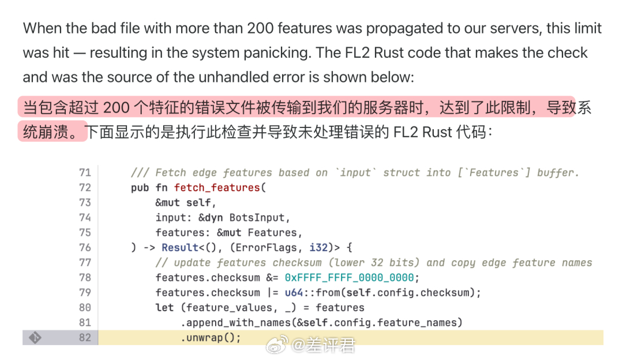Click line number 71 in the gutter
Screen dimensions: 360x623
(x=85, y=172)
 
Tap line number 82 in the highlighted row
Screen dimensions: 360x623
(x=85, y=337)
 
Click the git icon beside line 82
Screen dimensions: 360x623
(x=35, y=337)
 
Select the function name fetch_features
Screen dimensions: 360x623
(x=217, y=187)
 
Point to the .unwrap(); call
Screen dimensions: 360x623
(x=211, y=337)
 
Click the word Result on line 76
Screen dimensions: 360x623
(x=180, y=247)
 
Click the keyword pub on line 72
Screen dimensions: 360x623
(x=140, y=187)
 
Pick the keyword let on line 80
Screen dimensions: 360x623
(x=164, y=307)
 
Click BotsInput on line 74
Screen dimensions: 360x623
(x=259, y=217)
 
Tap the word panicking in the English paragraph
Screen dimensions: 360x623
(x=269, y=52)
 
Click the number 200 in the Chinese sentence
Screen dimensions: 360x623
(x=114, y=108)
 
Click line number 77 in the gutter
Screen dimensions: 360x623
(x=85, y=262)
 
